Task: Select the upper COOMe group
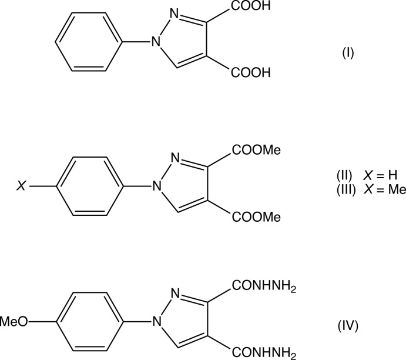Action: click(x=257, y=151)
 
